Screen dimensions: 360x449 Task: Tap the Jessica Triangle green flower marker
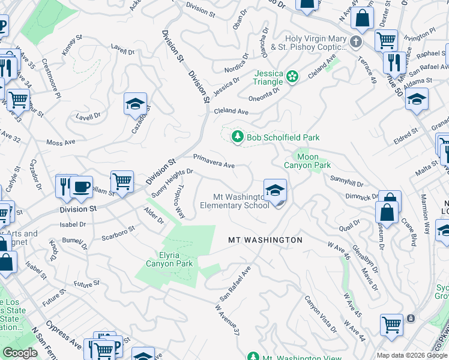pyautogui.click(x=292, y=76)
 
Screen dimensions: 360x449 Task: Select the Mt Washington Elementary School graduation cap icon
pyautogui.click(x=275, y=191)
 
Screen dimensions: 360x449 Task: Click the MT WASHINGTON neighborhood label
pyautogui.click(x=265, y=240)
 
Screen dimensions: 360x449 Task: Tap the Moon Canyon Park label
pyautogui.click(x=307, y=161)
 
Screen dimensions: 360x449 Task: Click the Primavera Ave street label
pyautogui.click(x=213, y=160)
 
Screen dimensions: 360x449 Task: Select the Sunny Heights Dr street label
pyautogui.click(x=172, y=182)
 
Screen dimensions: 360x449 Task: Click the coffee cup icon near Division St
pyautogui.click(x=81, y=186)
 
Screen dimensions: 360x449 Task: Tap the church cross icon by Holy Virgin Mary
pyautogui.click(x=355, y=41)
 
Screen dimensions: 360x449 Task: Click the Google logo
pyautogui.click(x=20, y=353)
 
